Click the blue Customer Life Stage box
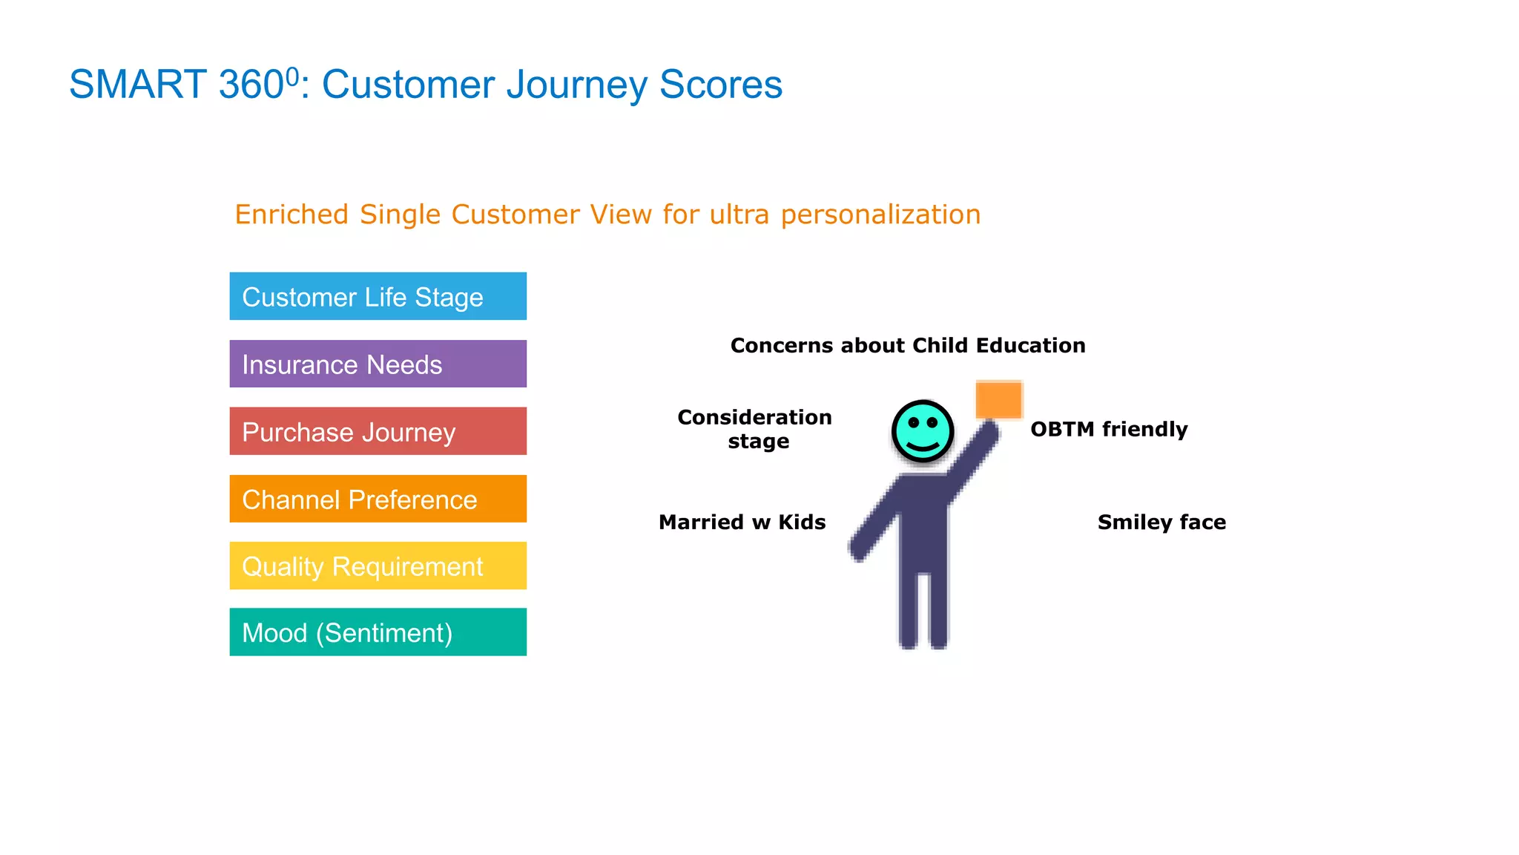[378, 296]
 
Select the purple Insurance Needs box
[378, 364]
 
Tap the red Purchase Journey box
[378, 431]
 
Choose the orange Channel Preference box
[378, 499]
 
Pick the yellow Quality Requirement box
[378, 566]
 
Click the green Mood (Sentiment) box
[378, 632]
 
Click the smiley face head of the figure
[923, 431]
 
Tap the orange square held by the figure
[999, 400]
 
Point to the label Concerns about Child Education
[907, 346]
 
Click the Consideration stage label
[755, 429]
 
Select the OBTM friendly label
[1109, 430]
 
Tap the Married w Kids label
[742, 522]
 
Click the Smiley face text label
[1162, 522]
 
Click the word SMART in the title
[137, 85]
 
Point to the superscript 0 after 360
[292, 75]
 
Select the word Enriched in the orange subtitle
[291, 214]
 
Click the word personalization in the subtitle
[880, 215]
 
